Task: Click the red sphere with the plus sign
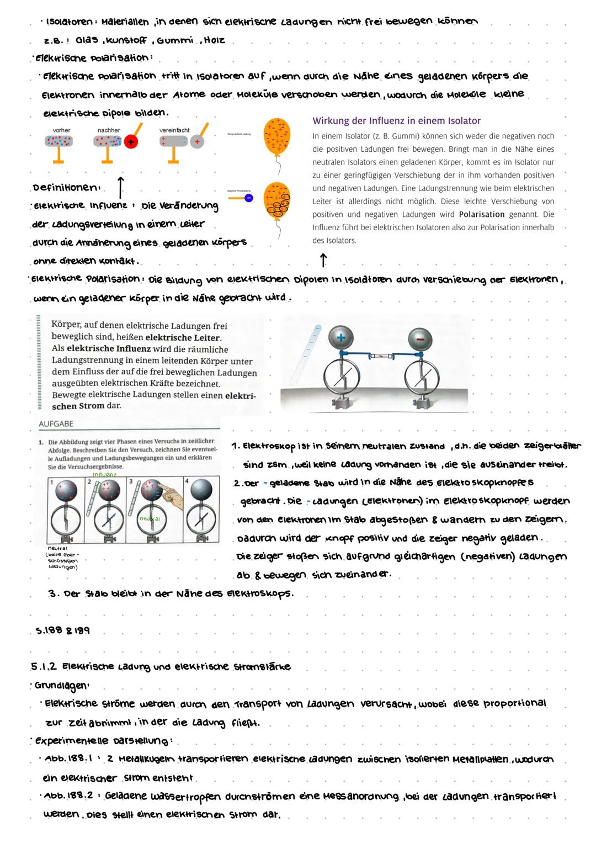tap(131, 142)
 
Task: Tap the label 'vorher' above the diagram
tap(61, 130)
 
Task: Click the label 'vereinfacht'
tap(174, 130)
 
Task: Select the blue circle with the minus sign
tap(249, 198)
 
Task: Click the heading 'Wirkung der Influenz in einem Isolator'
tap(396, 120)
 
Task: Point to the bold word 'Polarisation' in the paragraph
tap(482, 214)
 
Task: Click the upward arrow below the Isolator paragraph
tap(323, 259)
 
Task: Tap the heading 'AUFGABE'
tap(56, 423)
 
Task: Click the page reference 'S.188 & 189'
tap(63, 630)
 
